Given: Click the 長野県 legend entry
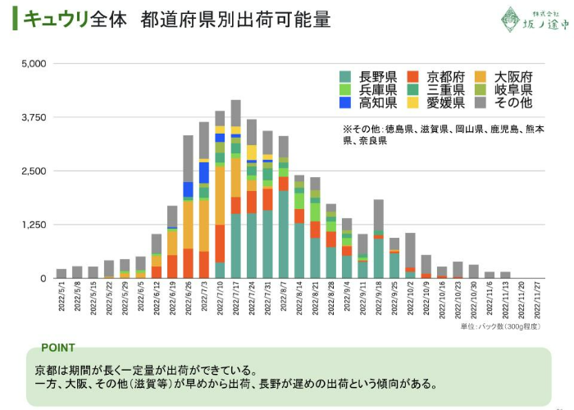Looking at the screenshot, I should coord(368,76).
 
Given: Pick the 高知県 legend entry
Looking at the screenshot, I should coord(368,102).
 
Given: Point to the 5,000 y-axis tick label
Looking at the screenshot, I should coord(34,63).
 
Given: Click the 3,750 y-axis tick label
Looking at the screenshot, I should coord(34,117).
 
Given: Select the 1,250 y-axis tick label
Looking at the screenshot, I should coord(34,225).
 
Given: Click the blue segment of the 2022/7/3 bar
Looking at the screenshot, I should coord(204,172).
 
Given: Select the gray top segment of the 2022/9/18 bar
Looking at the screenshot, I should coord(379,218).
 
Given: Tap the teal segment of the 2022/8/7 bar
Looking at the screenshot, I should coord(284,234).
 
